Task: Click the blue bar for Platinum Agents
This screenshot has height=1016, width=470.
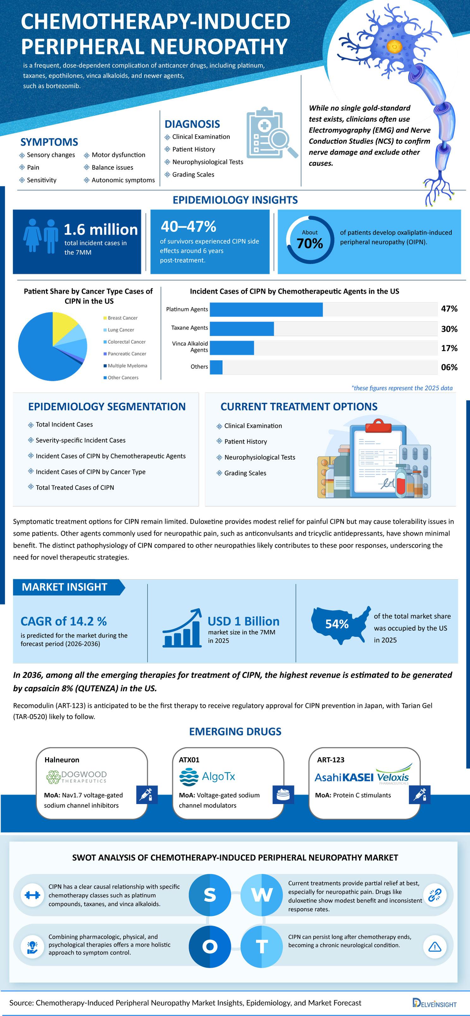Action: click(x=266, y=310)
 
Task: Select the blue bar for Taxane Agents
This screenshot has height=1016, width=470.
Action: click(x=242, y=328)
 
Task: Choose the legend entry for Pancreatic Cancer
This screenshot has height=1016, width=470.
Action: click(x=124, y=354)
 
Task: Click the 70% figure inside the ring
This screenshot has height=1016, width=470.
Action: click(x=310, y=243)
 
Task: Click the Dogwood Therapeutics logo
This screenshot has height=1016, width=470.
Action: click(x=76, y=777)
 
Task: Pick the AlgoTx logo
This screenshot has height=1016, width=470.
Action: click(x=207, y=777)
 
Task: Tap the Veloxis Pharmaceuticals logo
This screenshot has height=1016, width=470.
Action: click(x=393, y=774)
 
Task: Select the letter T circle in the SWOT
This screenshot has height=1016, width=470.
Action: click(x=262, y=946)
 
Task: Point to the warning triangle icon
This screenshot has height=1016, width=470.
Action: click(x=434, y=946)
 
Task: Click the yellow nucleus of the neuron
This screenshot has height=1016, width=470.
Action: click(x=395, y=47)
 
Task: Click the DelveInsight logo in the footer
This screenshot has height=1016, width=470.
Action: click(x=434, y=1003)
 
